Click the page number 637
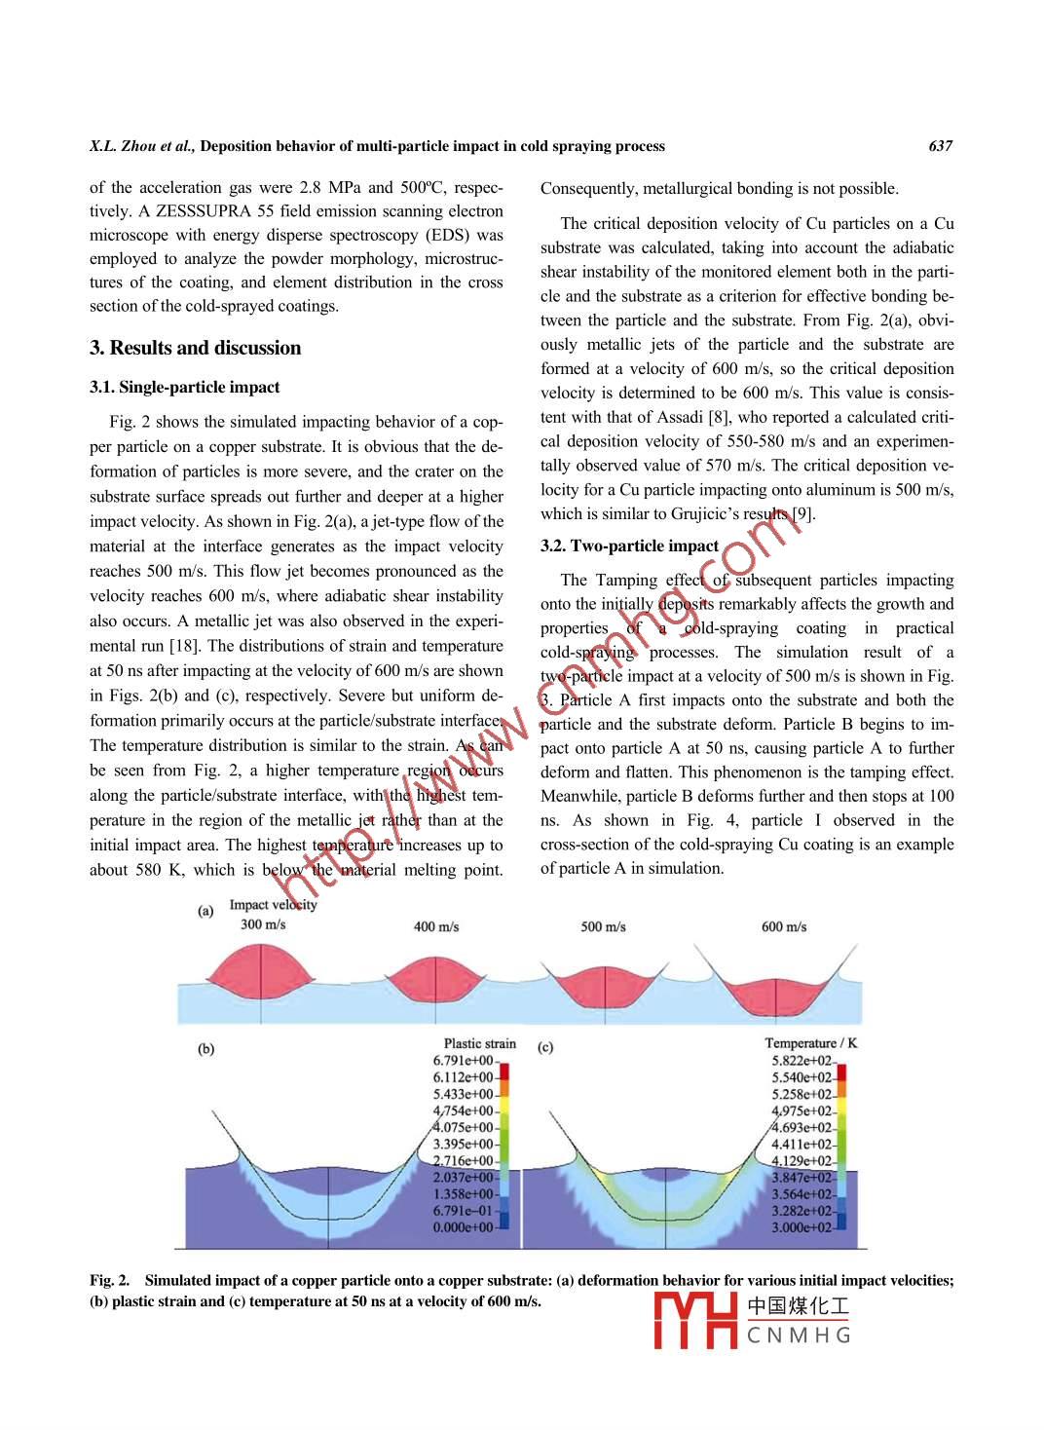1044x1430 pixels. [x=940, y=146]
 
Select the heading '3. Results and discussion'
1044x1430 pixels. [x=195, y=348]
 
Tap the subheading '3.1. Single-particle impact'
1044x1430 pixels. [x=184, y=387]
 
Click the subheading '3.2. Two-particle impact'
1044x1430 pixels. [x=629, y=546]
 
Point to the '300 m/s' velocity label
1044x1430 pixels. [x=263, y=924]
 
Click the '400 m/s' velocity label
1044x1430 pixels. [x=436, y=926]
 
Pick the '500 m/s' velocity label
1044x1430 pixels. [x=603, y=926]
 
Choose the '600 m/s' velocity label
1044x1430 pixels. [x=784, y=926]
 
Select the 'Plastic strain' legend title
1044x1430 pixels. [x=479, y=1043]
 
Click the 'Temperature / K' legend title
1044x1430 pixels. [x=810, y=1043]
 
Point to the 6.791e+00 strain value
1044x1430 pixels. [x=463, y=1061]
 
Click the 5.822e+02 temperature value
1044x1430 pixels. [x=802, y=1061]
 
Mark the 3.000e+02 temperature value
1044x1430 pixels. [x=802, y=1227]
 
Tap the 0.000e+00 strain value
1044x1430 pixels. [x=463, y=1227]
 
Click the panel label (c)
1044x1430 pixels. [x=545, y=1048]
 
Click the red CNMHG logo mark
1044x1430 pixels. [x=694, y=1321]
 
